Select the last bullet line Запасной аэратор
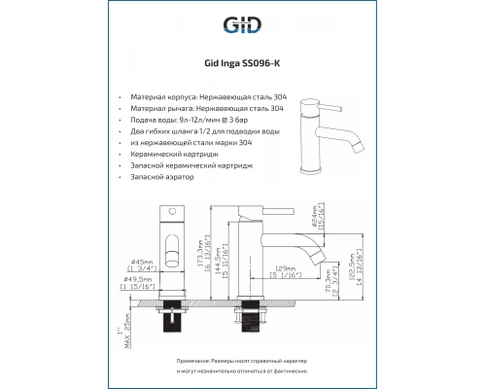click(167, 180)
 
